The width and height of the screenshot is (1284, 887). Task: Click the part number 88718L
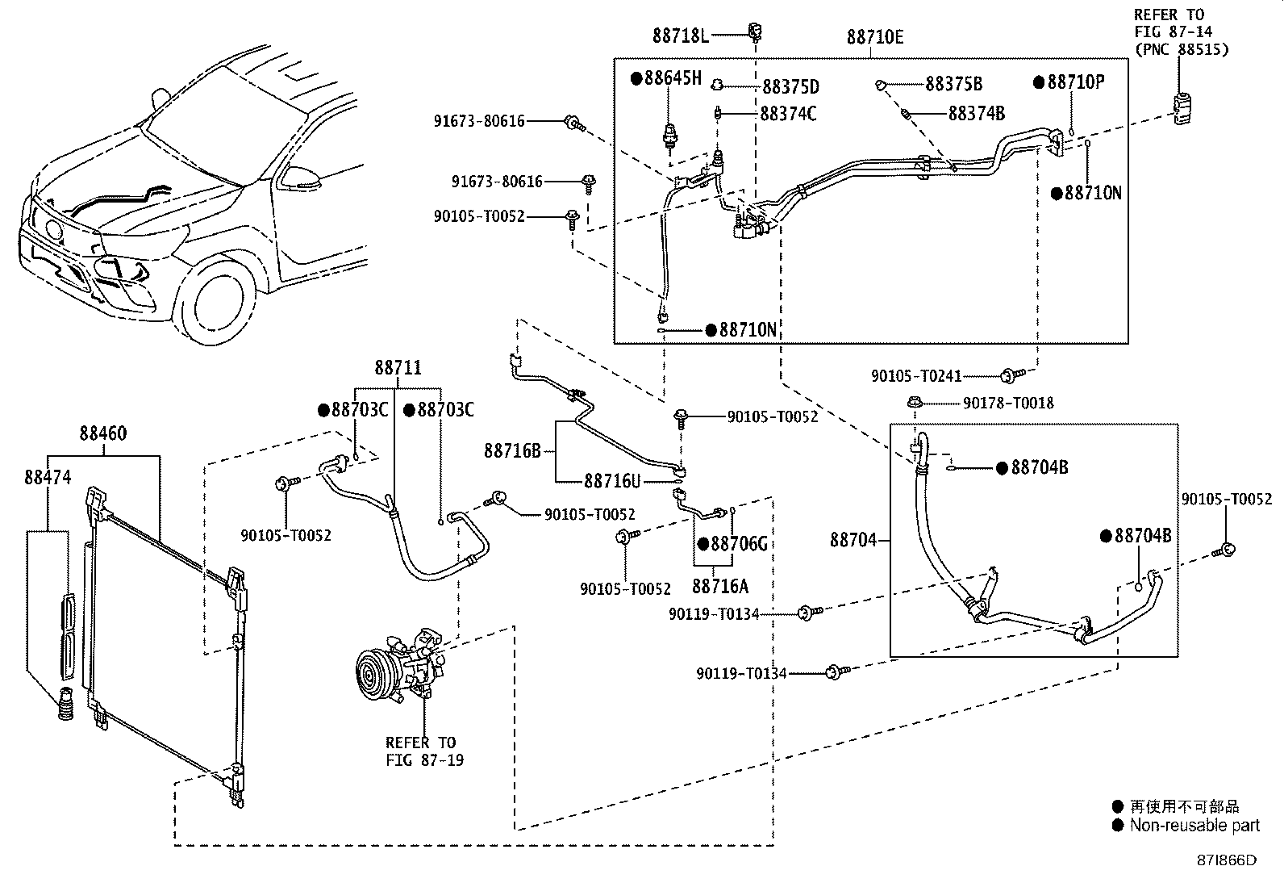681,36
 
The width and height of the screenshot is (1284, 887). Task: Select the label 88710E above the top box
875,37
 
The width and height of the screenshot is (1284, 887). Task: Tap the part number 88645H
673,78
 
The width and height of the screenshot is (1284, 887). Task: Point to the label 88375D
790,86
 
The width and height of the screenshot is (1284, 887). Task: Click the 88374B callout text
976,114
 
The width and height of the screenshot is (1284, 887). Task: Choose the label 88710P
1075,82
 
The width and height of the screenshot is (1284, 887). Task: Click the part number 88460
103,433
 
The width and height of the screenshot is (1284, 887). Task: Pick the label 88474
48,477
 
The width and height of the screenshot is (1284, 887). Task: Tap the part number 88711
398,367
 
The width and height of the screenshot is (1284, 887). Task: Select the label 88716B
512,451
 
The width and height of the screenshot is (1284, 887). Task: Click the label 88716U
611,481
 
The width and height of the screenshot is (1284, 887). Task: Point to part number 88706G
739,543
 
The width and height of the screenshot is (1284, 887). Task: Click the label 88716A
720,586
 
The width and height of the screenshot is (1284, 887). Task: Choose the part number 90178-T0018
1007,404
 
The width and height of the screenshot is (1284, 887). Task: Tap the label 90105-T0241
916,376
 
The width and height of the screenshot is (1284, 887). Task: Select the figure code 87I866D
1226,860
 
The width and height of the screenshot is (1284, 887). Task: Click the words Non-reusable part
1194,826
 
